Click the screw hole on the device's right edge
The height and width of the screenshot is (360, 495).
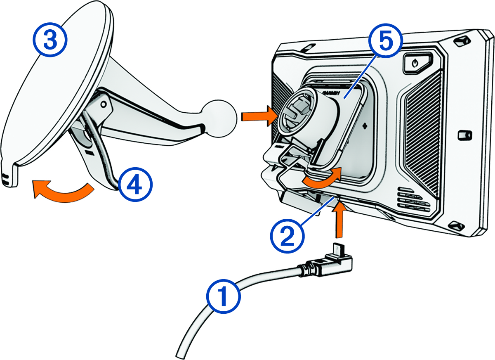[464, 135]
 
